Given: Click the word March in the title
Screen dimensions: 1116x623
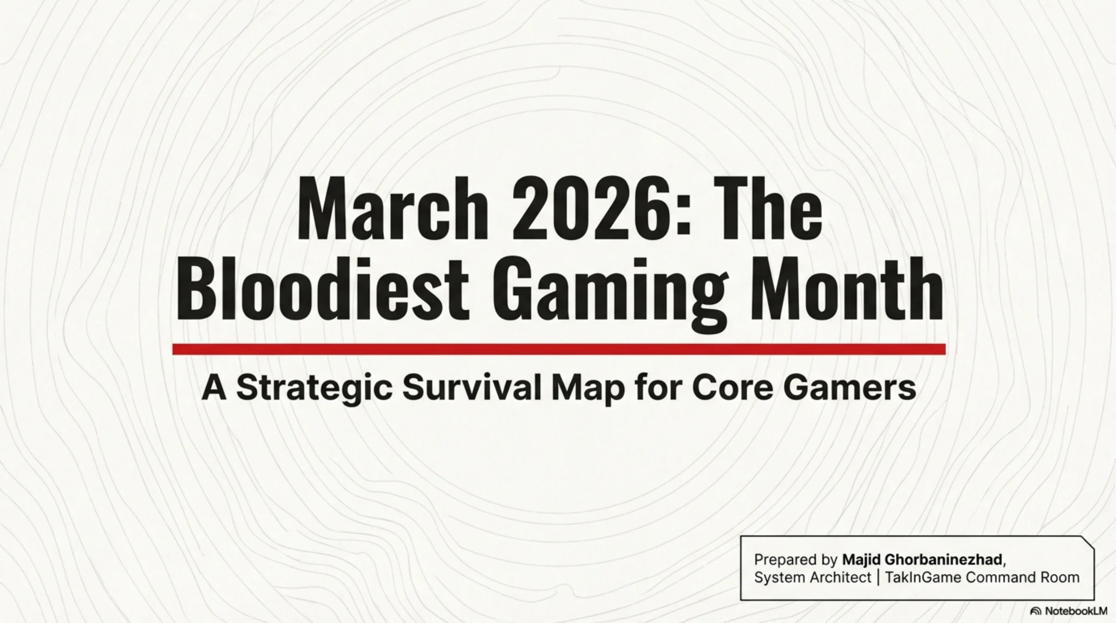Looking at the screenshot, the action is click(393, 208).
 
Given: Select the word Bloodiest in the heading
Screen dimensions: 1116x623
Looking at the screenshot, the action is click(322, 288).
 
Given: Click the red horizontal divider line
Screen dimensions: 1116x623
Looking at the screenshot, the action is click(559, 349).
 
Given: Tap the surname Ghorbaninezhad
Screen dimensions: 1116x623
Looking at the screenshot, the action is click(943, 559).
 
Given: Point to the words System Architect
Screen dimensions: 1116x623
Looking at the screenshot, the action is click(812, 578).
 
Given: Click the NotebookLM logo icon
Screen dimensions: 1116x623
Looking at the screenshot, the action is click(1036, 611).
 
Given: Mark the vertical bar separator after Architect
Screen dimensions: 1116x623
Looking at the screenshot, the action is click(878, 578).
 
